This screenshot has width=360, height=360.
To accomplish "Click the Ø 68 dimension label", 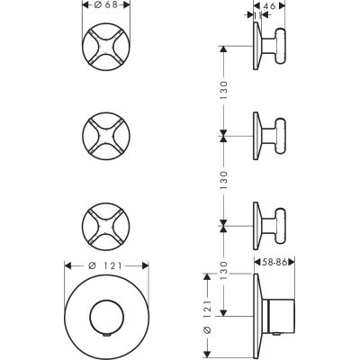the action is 106,5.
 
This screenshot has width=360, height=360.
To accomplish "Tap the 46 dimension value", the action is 270,5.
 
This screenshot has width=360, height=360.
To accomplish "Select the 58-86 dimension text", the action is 274,263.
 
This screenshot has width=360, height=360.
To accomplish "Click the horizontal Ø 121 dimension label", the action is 106,265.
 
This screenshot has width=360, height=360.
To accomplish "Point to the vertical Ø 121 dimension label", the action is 208,316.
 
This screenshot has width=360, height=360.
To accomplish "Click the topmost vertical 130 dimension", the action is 224,90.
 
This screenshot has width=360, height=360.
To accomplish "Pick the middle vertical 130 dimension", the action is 224,180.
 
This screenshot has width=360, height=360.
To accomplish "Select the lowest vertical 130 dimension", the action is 224,270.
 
